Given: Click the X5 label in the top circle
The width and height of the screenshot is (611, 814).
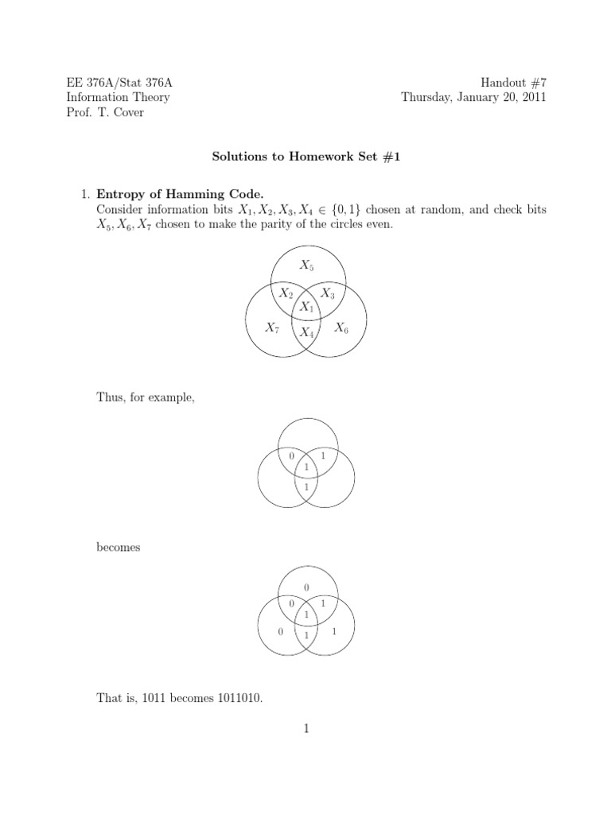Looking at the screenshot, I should point(305,265).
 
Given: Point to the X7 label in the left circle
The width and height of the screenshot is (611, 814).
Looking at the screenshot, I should point(272,327).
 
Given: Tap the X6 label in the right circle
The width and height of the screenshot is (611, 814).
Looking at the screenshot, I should point(341,327).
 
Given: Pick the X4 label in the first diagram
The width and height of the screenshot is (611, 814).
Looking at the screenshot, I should point(306,333).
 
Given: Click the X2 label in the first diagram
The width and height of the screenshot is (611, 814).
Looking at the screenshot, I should point(286,293).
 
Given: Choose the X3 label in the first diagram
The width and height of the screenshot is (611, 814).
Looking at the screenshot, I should point(326,293).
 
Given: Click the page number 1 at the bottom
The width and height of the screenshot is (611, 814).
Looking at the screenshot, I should point(305,729).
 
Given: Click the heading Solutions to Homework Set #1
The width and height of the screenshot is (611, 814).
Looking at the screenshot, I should point(305,157).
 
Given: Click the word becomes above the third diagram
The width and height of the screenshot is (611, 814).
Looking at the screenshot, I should point(119,548).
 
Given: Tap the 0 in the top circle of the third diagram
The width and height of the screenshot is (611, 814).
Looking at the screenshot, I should point(306,587).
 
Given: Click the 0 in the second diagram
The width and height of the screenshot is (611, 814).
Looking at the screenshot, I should point(292,455).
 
